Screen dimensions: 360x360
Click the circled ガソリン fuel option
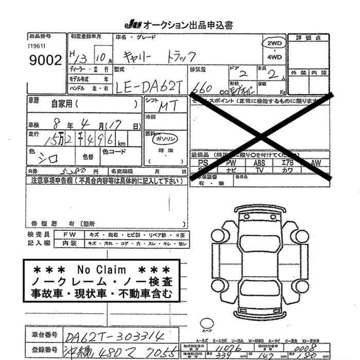click(165, 139)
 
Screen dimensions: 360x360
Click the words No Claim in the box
click(101, 269)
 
